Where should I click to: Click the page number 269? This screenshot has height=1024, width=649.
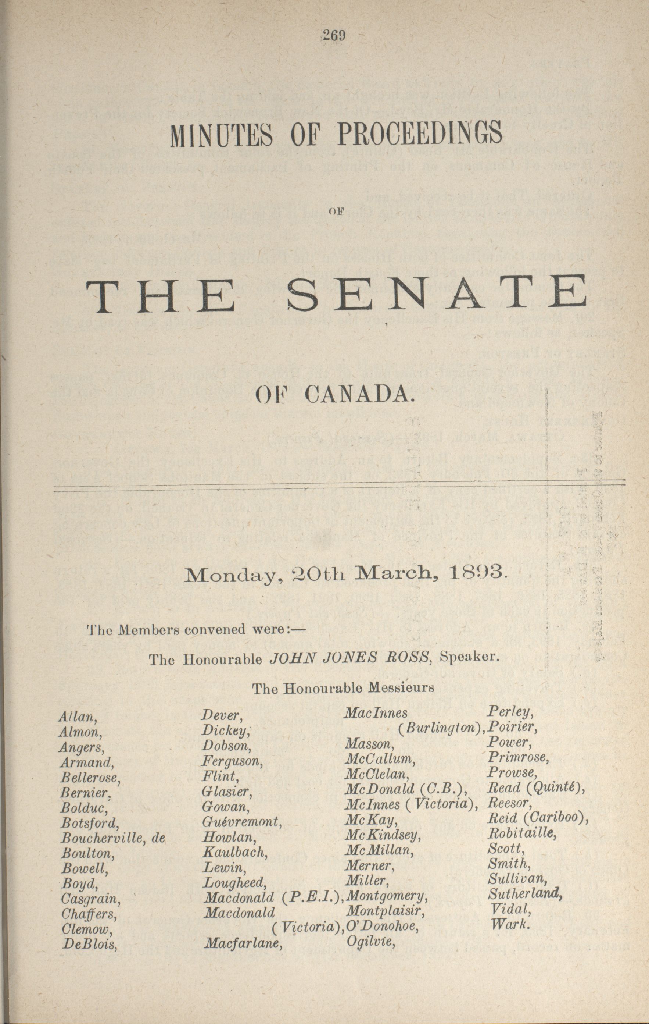(x=334, y=36)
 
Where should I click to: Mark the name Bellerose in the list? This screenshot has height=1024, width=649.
(x=90, y=778)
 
